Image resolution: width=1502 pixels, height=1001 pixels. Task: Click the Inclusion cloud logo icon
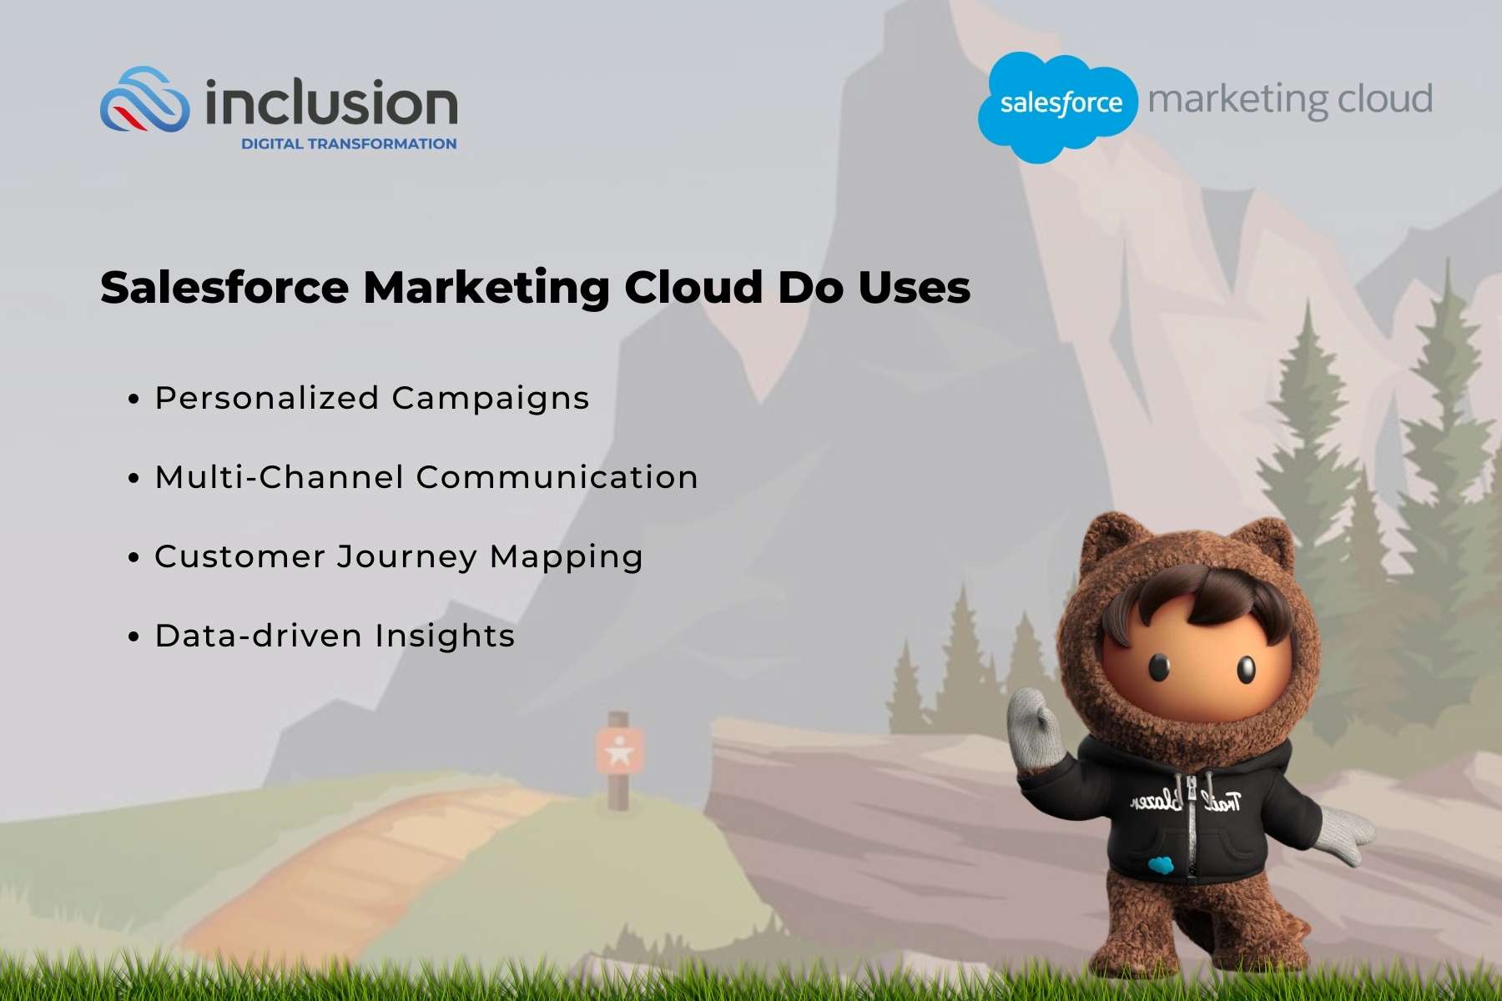[144, 101]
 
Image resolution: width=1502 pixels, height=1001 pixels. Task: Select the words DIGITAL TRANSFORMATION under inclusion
[349, 143]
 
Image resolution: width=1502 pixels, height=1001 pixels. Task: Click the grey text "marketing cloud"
[1290, 100]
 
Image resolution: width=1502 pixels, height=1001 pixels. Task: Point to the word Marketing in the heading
[486, 288]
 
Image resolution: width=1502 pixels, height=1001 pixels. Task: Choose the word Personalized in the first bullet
[267, 399]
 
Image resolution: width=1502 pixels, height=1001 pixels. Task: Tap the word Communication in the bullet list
[557, 477]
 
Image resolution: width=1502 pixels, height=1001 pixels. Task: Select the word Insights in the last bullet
[444, 636]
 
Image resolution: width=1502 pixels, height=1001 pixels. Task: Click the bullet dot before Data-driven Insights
[134, 637]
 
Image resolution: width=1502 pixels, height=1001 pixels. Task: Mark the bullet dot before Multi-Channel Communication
[134, 479]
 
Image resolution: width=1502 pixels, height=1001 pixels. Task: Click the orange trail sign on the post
[619, 750]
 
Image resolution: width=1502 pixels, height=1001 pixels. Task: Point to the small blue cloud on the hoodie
[1160, 865]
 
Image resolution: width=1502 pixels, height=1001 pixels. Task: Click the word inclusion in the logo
[331, 103]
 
